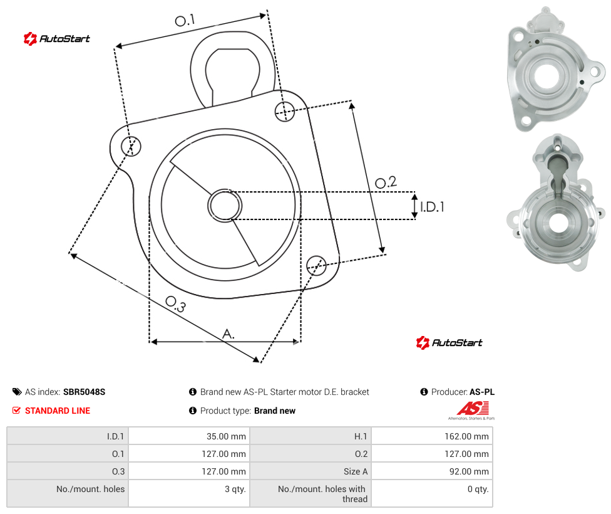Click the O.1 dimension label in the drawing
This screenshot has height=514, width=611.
coord(185,20)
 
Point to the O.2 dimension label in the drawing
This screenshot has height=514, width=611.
coord(386,182)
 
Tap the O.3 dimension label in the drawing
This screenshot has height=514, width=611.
coord(176,304)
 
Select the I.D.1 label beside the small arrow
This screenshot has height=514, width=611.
coord(432,207)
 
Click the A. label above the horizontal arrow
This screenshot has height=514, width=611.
coord(228,334)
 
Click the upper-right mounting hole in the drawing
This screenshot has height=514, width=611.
coord(285,111)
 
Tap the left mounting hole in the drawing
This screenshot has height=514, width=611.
coord(131,146)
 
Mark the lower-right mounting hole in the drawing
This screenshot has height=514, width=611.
coord(316,265)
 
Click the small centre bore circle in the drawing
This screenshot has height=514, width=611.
coord(225,206)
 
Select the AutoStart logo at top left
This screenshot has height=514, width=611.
coord(57,39)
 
